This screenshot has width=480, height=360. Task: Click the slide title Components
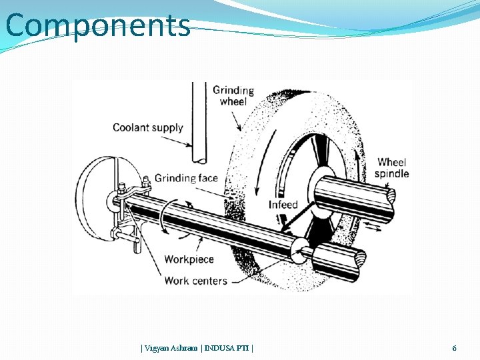tap(97, 26)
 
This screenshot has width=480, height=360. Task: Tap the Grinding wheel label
tap(233, 96)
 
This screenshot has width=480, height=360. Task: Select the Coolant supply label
tap(147, 127)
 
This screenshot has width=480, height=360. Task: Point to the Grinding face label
tap(186, 178)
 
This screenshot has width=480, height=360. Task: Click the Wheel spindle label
tap(392, 168)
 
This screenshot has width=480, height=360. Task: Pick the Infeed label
tap(283, 205)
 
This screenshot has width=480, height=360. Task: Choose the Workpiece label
tap(189, 259)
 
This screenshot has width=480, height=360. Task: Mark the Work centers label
tap(195, 281)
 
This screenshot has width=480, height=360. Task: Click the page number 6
tap(454, 348)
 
